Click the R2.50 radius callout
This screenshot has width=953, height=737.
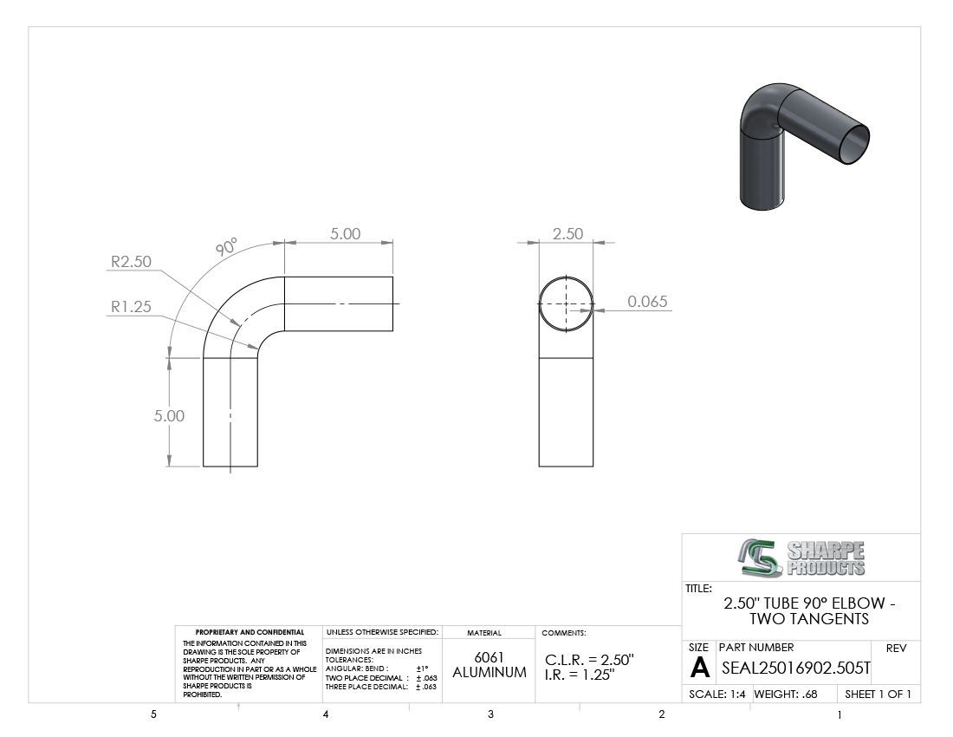(131, 262)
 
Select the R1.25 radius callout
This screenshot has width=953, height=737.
(131, 306)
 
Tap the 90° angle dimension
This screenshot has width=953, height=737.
(226, 246)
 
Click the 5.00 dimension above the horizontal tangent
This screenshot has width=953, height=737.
(345, 233)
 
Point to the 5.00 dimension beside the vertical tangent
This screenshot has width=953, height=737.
(169, 415)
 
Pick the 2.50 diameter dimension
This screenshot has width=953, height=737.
(567, 233)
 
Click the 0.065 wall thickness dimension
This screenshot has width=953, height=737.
(647, 301)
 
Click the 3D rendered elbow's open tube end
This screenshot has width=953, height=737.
(853, 143)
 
